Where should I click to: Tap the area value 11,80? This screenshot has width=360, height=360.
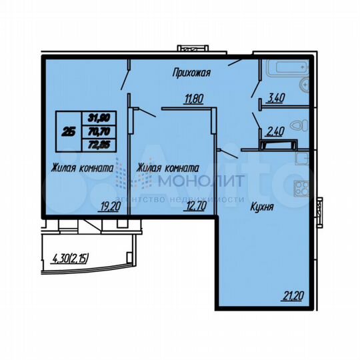pos(194,101)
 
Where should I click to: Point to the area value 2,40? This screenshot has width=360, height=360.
pos(275,132)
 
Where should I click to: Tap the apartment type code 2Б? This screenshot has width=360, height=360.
pos(69,131)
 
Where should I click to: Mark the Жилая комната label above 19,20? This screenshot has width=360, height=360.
pos(81,169)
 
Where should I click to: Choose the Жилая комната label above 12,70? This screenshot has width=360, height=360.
pos(168,169)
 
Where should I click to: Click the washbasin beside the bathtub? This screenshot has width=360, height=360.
pos(305,85)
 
